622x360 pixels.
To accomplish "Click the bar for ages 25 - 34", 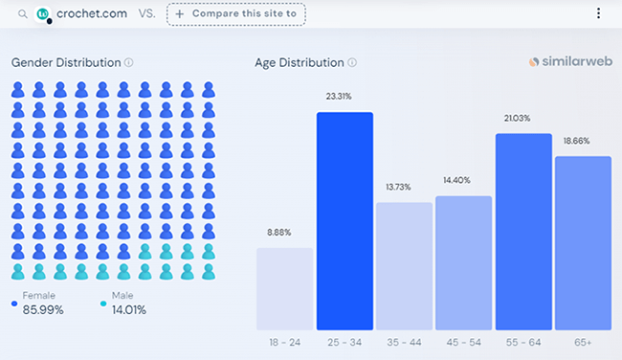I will click(344, 221).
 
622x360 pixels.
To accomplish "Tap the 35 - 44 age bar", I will click(404, 266).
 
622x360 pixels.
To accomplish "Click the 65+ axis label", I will click(583, 342).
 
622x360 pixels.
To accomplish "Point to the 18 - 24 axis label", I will click(284, 342).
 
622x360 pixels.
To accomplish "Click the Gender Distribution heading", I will click(66, 62).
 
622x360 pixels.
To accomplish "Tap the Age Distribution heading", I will click(299, 62).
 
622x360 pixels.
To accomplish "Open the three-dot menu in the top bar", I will click(599, 13).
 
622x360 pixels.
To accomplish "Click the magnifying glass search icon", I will click(22, 14).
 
